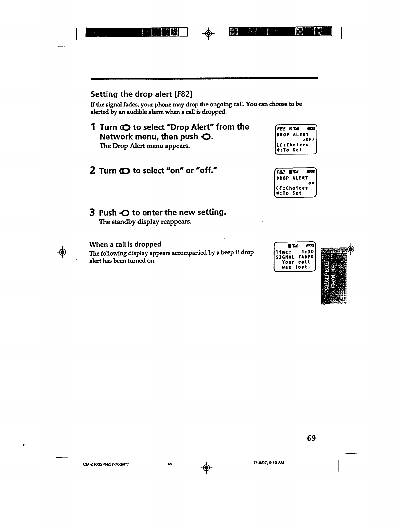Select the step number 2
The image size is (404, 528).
click(x=93, y=171)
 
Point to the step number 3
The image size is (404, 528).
click(x=93, y=212)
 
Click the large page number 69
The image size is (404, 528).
click(x=311, y=438)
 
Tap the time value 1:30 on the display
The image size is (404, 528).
click(x=307, y=252)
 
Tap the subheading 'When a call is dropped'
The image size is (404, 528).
click(x=125, y=244)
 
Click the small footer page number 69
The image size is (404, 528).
click(x=170, y=464)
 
